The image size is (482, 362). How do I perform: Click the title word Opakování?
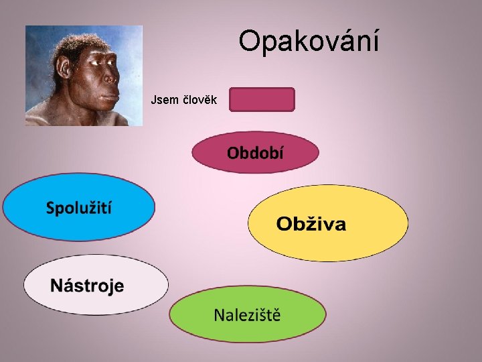pos(309,42)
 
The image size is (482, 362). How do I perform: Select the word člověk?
pos(199,101)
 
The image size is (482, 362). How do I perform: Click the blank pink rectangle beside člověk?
pos(262,99)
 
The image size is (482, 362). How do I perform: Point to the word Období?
pos(254,153)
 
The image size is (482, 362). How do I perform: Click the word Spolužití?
pos(79,207)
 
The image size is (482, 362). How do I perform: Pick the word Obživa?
pos(311,224)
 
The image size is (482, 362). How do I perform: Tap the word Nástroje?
pos(87,286)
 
